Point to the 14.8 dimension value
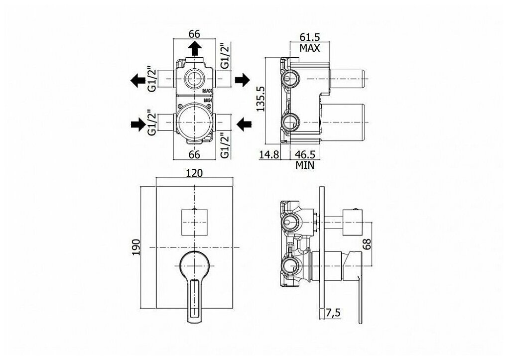[x=268, y=154]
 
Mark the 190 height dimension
[x=136, y=246]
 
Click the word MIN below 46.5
[x=305, y=165]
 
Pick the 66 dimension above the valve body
[x=194, y=34]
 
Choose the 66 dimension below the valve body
[x=194, y=154]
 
